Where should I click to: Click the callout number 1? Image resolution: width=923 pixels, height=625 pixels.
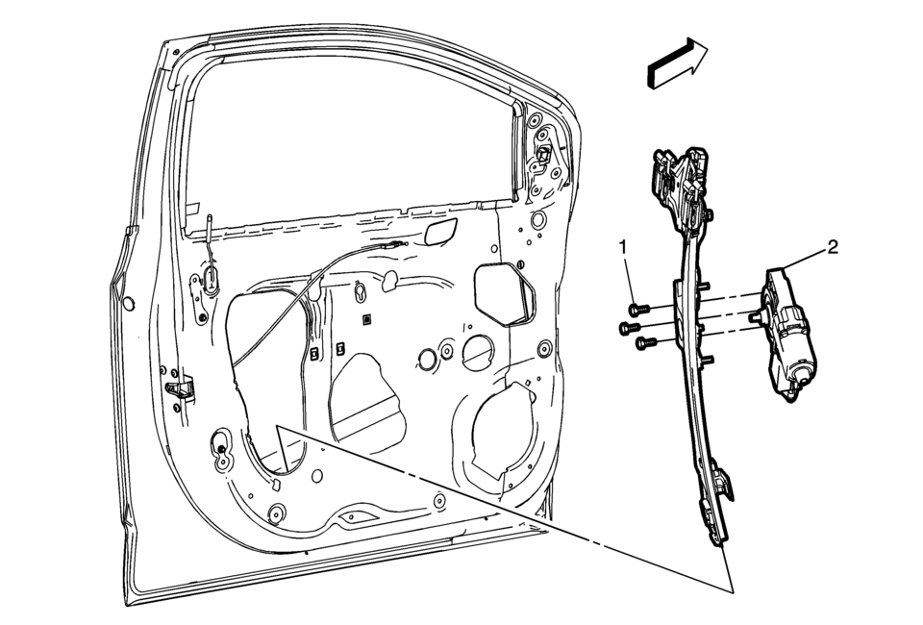tap(623, 248)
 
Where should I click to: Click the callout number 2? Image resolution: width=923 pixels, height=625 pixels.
tap(833, 247)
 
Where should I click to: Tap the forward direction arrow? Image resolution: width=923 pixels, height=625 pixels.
tap(677, 62)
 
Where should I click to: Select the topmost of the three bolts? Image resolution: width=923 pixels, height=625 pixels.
tap(639, 309)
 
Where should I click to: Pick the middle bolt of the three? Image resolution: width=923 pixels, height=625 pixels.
tap(629, 327)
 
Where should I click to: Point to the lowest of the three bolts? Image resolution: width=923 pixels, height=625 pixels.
tap(646, 342)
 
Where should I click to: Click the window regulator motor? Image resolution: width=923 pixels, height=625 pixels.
tap(788, 335)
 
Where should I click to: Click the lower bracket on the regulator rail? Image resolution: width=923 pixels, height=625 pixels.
tap(717, 504)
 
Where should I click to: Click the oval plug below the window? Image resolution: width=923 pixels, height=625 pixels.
tap(439, 233)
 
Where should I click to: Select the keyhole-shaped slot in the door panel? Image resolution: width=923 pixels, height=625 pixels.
tap(361, 292)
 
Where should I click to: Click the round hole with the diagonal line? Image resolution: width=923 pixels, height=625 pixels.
tap(478, 353)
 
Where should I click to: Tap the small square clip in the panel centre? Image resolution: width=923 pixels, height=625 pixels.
tap(366, 320)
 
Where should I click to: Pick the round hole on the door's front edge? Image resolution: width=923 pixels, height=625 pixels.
tap(128, 304)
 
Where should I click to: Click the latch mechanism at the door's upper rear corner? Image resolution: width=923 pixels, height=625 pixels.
tap(544, 154)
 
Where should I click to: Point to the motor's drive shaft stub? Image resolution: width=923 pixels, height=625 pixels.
tap(755, 316)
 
